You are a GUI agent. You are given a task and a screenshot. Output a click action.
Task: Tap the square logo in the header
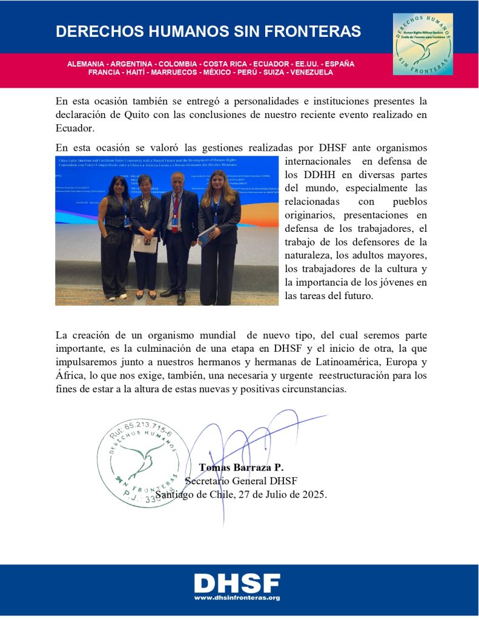(x=423, y=44)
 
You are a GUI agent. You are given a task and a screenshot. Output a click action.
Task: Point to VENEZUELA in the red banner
(x=311, y=72)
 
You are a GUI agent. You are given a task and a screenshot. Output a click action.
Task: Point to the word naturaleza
(x=312, y=255)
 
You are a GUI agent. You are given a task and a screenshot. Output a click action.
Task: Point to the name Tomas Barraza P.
(x=241, y=467)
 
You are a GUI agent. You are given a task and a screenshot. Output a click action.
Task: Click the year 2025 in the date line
(x=314, y=494)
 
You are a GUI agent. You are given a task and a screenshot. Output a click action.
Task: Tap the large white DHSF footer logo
(x=237, y=582)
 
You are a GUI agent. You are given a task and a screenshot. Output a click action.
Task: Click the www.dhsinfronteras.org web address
(x=237, y=598)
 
